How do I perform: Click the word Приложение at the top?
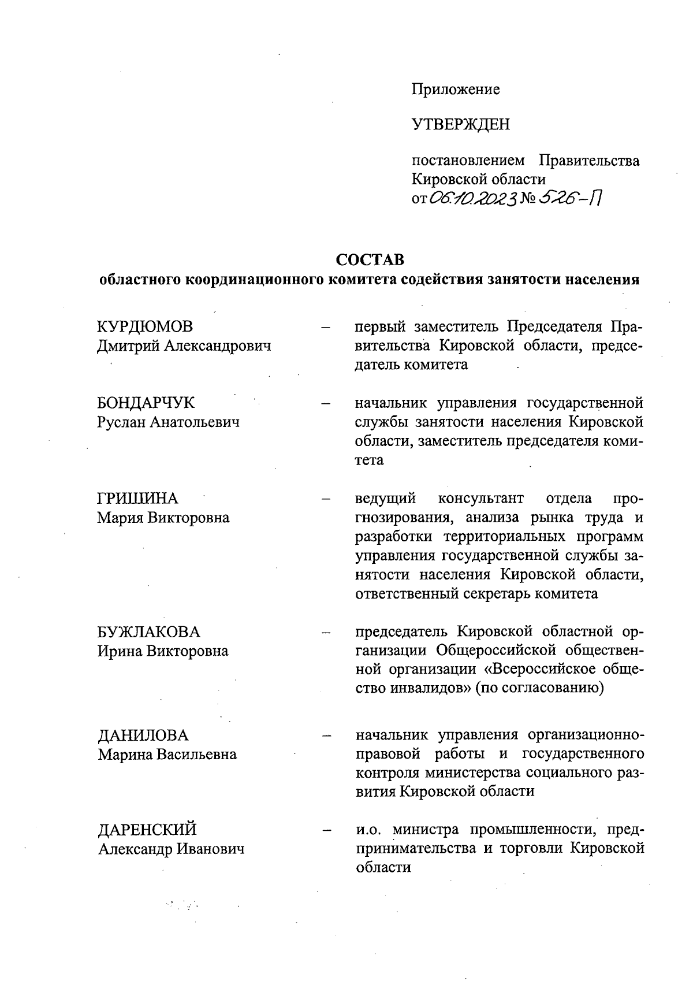point(455,90)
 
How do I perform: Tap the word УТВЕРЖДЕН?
point(460,125)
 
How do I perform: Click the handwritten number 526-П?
point(569,199)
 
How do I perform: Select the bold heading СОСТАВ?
point(370,258)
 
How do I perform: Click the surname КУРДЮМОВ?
point(144,327)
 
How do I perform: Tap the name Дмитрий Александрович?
point(184,346)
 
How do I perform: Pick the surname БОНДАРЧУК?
point(146,403)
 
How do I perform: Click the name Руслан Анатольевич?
point(168,422)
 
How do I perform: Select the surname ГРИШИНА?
point(137,499)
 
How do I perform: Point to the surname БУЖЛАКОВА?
point(148,631)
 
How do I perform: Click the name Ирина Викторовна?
point(163,651)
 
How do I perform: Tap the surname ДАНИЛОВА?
point(143,735)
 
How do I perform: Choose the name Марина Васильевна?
point(167,755)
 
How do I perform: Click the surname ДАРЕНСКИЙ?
point(147,830)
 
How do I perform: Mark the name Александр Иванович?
point(170,849)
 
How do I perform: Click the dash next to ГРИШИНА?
point(326,499)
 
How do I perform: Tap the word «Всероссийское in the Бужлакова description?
point(532,670)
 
